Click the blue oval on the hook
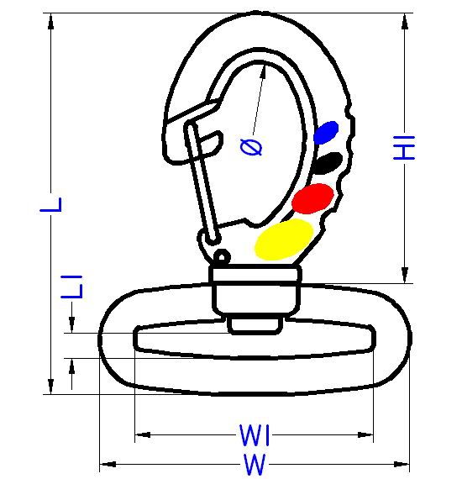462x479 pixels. (x=326, y=132)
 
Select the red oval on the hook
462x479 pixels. (x=312, y=198)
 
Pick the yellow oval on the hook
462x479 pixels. (x=284, y=239)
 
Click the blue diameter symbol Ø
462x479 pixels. (x=251, y=147)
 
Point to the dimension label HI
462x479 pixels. (x=404, y=148)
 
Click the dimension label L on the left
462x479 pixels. (x=51, y=205)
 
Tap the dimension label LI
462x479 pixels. (x=71, y=287)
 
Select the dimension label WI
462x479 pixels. (x=255, y=434)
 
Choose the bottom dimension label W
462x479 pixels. (x=255, y=465)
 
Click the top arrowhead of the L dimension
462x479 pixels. (x=51, y=21)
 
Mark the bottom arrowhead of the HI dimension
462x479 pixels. (x=405, y=275)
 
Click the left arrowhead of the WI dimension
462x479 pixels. (x=143, y=434)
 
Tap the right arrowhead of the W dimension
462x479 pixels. (x=402, y=465)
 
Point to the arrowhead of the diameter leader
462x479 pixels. (x=263, y=70)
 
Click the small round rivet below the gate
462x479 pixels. (x=222, y=256)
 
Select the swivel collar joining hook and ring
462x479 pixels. (x=255, y=290)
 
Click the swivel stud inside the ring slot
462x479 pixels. (x=255, y=324)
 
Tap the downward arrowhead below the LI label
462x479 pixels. (x=71, y=324)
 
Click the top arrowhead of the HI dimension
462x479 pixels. (x=405, y=21)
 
